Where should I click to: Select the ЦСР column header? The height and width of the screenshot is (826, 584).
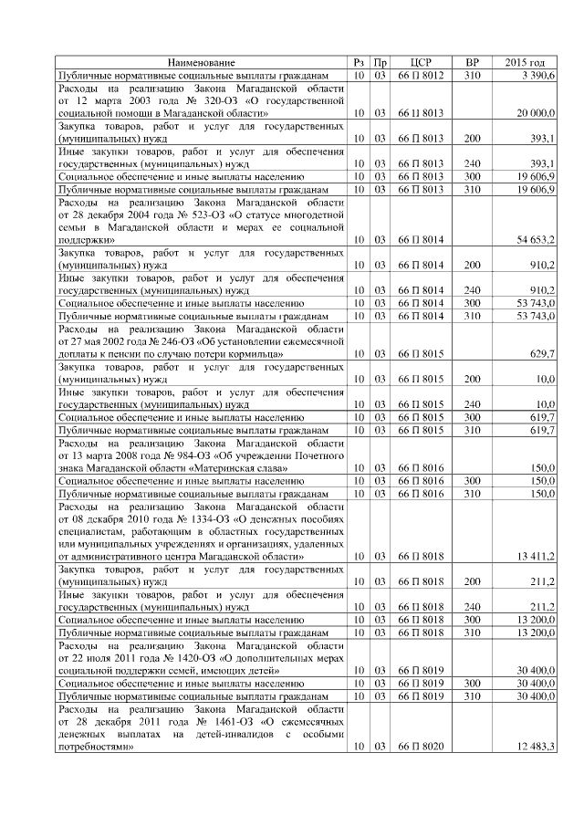tap(421, 62)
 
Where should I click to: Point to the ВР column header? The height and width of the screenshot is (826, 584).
tap(472, 62)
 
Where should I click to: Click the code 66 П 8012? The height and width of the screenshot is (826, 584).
tap(421, 75)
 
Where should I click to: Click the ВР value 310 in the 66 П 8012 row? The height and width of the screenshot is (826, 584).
tap(472, 75)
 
